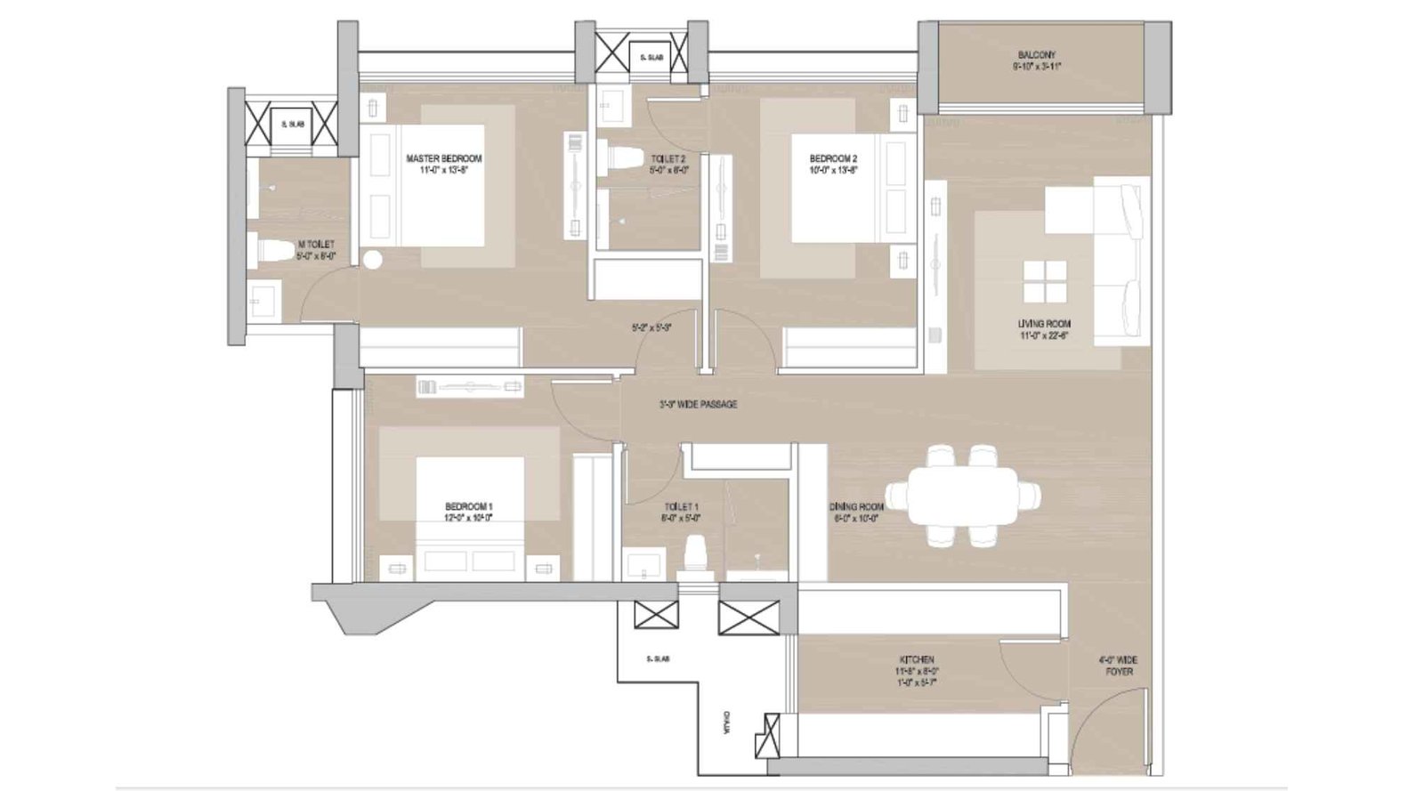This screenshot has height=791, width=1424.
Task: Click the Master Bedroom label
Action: (x=443, y=159)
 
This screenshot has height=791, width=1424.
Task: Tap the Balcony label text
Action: (x=1037, y=55)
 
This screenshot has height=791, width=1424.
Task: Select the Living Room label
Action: (x=1044, y=324)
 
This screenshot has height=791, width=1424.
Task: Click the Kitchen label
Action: (x=916, y=660)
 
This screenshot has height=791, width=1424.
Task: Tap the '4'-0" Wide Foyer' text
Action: (x=1118, y=666)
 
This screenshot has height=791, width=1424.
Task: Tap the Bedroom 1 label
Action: (x=468, y=506)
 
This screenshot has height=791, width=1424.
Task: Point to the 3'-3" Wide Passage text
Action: (x=698, y=405)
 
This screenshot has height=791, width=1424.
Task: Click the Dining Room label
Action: (x=856, y=506)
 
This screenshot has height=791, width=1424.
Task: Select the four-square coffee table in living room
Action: (x=1044, y=283)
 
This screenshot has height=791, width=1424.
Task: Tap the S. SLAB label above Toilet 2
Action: (x=646, y=58)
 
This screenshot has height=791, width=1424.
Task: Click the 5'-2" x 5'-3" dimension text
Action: (x=650, y=327)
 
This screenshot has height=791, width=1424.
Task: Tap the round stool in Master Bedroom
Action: (x=371, y=261)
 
